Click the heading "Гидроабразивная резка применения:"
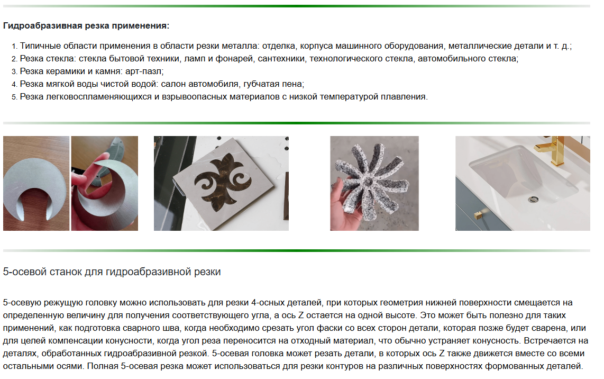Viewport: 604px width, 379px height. (86, 26)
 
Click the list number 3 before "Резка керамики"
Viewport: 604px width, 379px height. (14, 71)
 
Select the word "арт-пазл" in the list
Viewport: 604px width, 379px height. (143, 71)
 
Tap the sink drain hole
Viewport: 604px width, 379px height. (533, 200)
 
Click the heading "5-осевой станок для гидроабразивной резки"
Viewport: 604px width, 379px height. (112, 272)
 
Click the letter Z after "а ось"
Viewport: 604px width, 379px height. (301, 315)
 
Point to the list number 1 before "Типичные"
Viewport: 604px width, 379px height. (14, 46)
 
